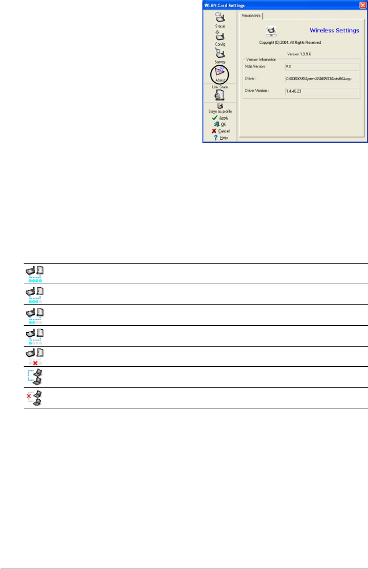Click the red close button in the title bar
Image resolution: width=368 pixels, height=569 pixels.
click(362, 5)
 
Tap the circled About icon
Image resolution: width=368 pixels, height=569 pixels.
click(220, 73)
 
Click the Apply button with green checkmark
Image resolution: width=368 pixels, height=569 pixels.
click(220, 118)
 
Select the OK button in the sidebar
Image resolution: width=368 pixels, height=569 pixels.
click(220, 124)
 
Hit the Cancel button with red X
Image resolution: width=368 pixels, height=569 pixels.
click(220, 131)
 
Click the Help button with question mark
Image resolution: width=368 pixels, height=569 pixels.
click(220, 138)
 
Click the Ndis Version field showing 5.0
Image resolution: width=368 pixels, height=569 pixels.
click(322, 67)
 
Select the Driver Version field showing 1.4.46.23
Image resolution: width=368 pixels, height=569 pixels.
click(322, 91)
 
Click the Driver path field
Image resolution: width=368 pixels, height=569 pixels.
click(322, 79)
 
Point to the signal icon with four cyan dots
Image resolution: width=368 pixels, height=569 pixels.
click(36, 273)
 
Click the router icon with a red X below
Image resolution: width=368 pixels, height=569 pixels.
click(36, 356)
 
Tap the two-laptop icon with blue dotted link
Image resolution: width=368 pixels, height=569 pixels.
click(36, 377)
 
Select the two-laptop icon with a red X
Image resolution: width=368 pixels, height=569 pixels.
click(36, 398)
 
